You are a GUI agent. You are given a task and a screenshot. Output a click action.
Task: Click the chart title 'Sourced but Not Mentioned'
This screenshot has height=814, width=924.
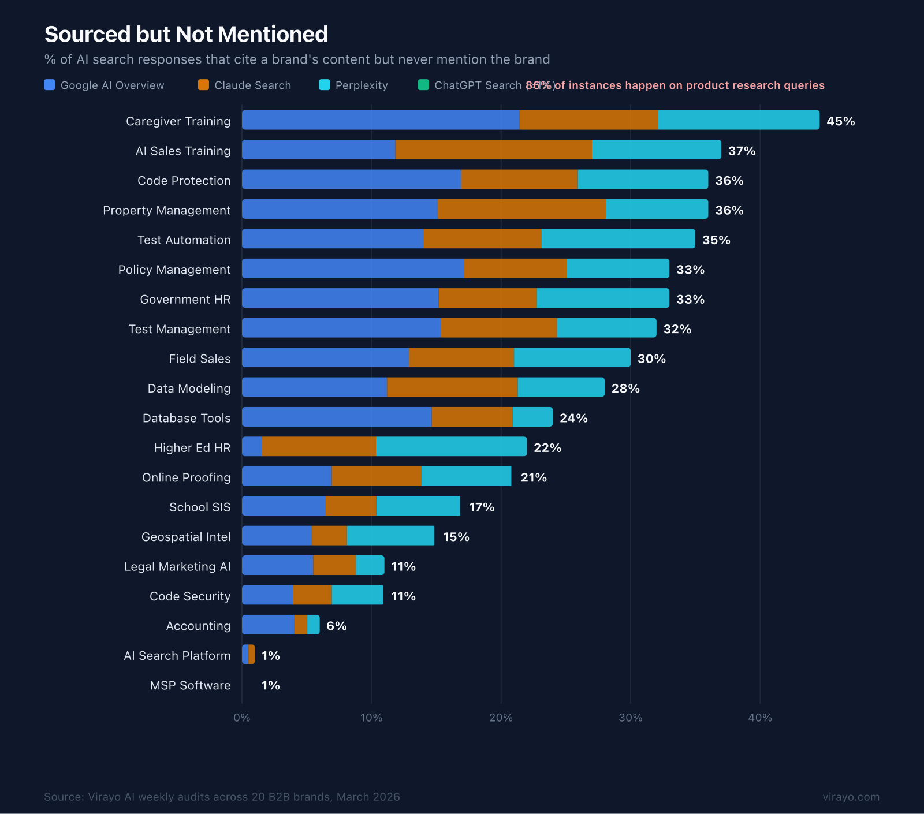click(186, 35)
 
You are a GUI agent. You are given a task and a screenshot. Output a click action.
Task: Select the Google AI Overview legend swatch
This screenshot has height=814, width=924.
click(50, 85)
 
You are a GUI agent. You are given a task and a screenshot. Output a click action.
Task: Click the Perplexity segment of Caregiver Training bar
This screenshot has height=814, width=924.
click(738, 120)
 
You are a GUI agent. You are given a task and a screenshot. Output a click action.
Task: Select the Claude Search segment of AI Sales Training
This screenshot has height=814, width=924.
click(493, 150)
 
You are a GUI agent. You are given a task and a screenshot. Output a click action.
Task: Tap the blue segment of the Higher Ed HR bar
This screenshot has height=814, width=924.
click(252, 447)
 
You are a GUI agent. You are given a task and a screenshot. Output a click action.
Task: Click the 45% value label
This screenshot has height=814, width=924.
click(840, 121)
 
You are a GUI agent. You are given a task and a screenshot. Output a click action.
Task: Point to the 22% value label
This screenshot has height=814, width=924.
click(547, 448)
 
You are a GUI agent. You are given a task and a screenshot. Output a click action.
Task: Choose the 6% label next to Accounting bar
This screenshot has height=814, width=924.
click(336, 626)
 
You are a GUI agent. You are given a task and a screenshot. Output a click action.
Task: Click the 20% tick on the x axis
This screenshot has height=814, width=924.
click(501, 718)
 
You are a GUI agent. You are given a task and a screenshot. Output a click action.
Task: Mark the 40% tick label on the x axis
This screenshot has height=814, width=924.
click(759, 718)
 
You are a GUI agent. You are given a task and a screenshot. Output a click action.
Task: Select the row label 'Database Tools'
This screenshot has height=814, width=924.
click(187, 418)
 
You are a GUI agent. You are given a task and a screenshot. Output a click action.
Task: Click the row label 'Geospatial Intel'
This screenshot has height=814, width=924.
click(186, 537)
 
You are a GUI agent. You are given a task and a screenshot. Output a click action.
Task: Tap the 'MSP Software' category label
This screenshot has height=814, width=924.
click(190, 685)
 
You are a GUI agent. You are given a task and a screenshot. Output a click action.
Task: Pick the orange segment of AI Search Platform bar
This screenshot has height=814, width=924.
click(252, 655)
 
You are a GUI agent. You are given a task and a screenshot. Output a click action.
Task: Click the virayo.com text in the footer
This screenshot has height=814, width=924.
click(851, 797)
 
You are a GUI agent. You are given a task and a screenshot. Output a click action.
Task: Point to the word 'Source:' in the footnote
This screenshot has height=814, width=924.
click(64, 797)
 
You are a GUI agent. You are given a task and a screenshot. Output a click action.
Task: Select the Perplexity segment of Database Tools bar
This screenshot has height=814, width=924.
click(532, 417)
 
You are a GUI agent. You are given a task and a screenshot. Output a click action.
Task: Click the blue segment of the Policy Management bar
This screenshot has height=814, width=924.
click(353, 268)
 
